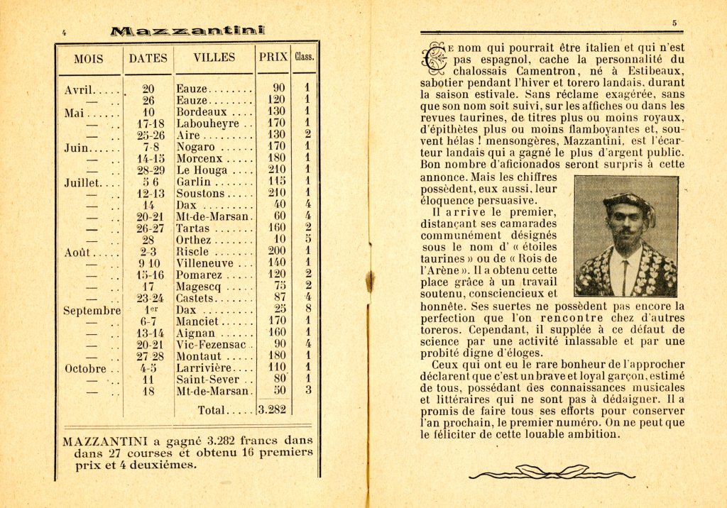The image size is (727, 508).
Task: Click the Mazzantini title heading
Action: [187, 31]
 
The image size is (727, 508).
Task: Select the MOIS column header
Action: [89, 59]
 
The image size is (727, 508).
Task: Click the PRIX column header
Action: [273, 57]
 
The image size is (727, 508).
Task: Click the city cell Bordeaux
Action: [202, 112]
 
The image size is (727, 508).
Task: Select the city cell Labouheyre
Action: [206, 123]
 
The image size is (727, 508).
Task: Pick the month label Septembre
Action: [92, 310]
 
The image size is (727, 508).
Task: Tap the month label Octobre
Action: [85, 368]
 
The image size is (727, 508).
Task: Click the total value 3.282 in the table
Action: [271, 409]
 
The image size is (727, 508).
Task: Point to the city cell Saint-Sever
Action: [206, 380]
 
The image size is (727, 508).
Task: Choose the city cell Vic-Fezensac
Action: [209, 345]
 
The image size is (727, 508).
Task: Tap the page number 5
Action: [674, 23]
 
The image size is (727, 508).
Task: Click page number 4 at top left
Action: [64, 31]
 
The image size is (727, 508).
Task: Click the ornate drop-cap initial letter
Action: [432, 59]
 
